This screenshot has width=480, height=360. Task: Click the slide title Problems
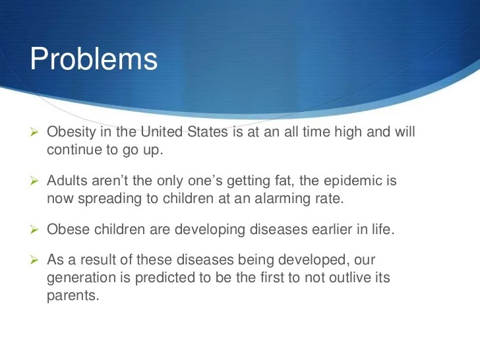click(94, 59)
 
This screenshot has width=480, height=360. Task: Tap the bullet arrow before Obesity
click(34, 133)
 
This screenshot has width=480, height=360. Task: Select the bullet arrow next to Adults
click(34, 181)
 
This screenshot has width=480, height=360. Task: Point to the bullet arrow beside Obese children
click(34, 229)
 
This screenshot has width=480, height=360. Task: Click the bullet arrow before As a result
click(34, 260)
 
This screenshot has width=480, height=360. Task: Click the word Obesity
click(71, 133)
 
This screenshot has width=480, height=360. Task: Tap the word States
click(208, 132)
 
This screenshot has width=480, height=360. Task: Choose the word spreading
click(109, 199)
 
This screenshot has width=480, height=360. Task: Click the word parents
click(73, 296)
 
